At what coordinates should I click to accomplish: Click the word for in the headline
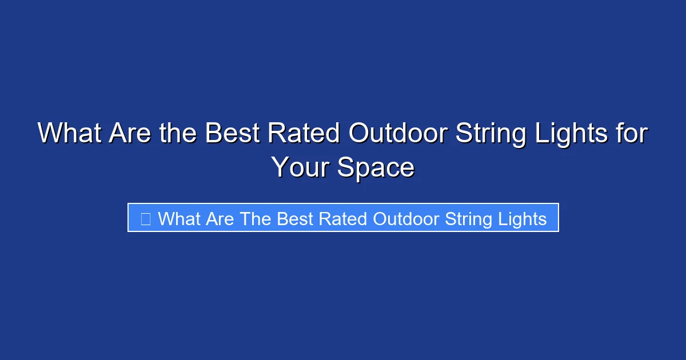pos(632,134)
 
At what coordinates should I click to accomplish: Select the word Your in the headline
pos(300,167)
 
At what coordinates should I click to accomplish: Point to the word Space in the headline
pos(376,167)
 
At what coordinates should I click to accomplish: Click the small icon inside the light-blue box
pos(145,219)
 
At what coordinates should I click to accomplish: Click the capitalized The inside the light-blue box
pos(255,219)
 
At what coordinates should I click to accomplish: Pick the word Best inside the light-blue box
pos(295,219)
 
